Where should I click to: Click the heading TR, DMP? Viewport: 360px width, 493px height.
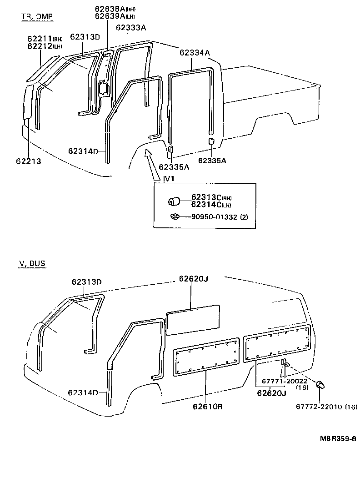[x=37, y=17]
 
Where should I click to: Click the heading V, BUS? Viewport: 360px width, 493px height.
[x=32, y=263]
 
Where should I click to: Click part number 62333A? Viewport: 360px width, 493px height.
[x=130, y=28]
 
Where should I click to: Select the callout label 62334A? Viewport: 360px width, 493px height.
[x=195, y=53]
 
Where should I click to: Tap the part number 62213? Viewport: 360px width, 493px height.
[x=28, y=161]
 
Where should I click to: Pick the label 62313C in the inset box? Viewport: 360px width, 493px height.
[x=206, y=197]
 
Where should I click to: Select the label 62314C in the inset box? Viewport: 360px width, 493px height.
[x=206, y=204]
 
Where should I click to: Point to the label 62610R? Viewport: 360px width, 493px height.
[x=207, y=406]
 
